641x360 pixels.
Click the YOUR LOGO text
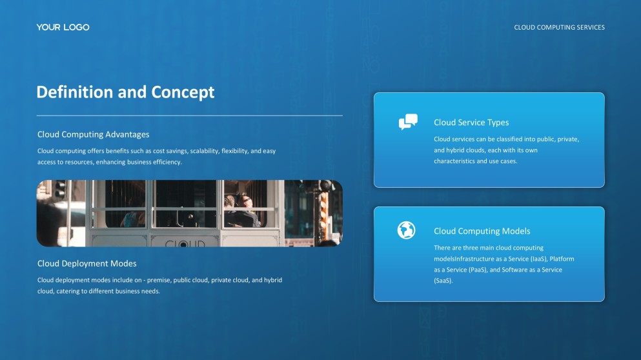[63, 27]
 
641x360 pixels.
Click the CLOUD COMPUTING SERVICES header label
[559, 28]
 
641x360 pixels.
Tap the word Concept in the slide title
[183, 92]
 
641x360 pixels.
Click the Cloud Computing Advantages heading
[93, 135]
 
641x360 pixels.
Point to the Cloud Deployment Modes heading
[86, 263]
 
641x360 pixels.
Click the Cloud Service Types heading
[471, 123]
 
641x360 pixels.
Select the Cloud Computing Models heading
[482, 231]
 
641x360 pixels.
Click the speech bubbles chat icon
[408, 122]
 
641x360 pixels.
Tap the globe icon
[406, 230]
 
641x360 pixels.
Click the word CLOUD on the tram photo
[185, 244]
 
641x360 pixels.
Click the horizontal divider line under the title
[189, 115]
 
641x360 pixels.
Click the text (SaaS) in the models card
[443, 281]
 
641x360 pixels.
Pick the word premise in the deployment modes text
[160, 280]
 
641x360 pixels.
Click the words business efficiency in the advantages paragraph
[155, 162]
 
